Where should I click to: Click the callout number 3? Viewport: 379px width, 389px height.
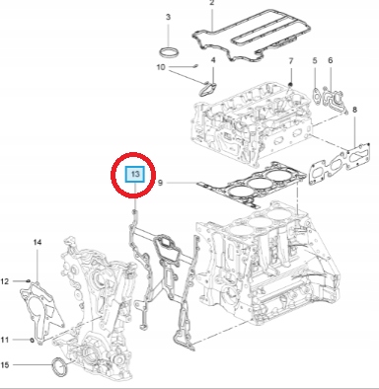click(x=167, y=19)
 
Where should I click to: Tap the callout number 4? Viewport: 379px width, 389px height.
click(x=212, y=60)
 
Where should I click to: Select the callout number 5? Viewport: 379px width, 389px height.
click(x=314, y=61)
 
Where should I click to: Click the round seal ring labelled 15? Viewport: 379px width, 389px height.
click(x=61, y=369)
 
